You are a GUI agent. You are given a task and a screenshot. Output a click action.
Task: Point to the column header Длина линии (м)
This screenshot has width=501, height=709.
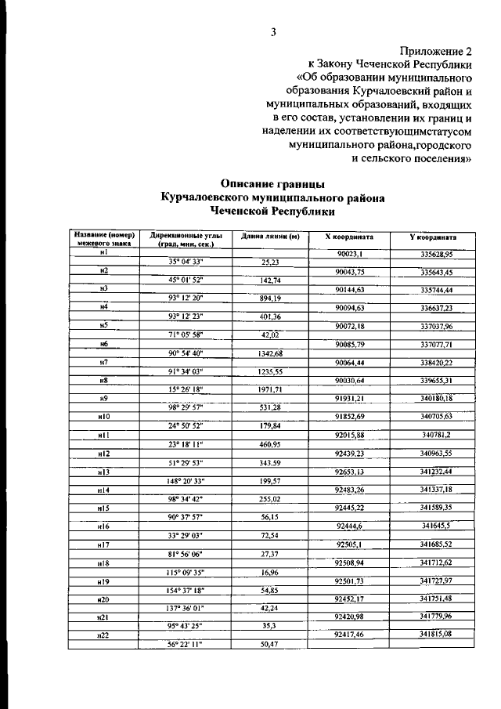(270, 236)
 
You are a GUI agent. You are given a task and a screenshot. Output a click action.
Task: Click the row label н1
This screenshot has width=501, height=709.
(103, 252)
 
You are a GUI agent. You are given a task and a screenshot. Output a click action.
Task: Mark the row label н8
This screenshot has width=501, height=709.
(103, 380)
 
